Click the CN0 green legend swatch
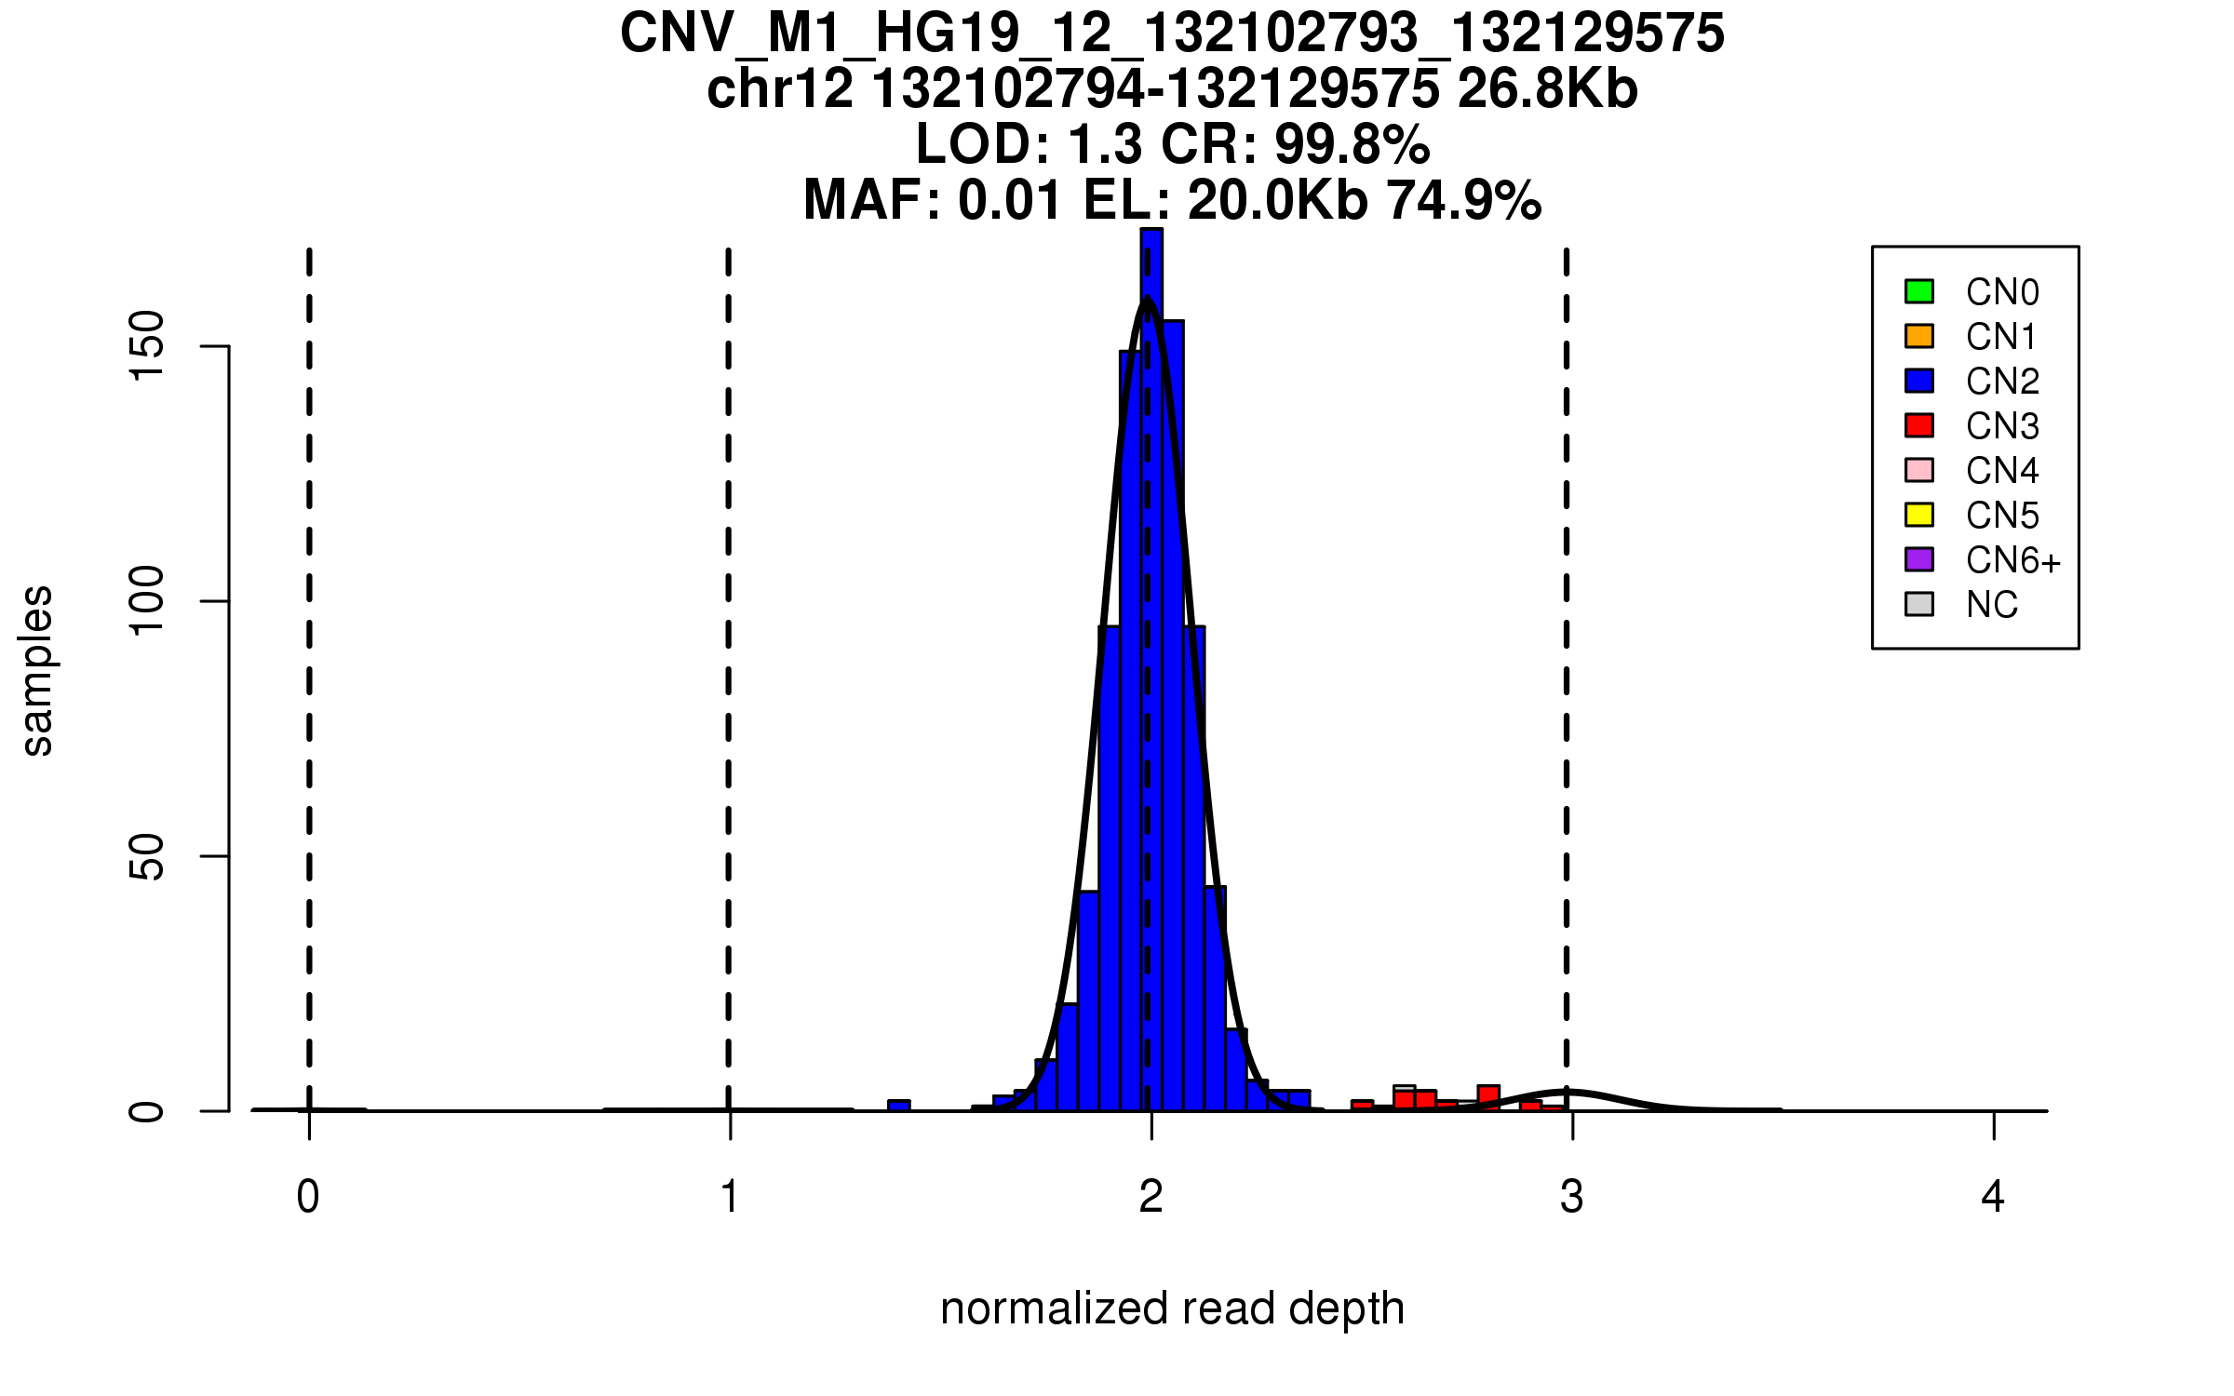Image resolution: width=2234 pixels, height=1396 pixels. tap(1919, 291)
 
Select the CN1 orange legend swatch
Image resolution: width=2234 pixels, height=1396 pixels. tap(1919, 336)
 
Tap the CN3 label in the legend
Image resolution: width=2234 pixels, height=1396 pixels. tap(2002, 426)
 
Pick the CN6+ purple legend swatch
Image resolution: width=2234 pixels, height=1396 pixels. tap(1919, 559)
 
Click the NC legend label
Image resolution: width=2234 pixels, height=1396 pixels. tap(1992, 605)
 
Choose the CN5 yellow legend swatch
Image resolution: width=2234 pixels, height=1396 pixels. tap(1919, 515)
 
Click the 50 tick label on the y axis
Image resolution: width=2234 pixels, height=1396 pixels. tap(147, 856)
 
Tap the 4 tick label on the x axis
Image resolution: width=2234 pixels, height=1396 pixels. tap(1993, 1197)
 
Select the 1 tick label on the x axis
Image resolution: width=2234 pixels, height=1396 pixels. tap(730, 1197)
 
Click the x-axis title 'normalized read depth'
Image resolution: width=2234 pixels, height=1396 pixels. tap(1172, 1309)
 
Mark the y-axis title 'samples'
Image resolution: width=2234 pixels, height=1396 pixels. tap(37, 670)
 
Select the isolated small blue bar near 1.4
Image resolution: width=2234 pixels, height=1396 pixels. tap(899, 1106)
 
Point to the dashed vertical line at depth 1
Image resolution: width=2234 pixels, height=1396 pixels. tap(729, 651)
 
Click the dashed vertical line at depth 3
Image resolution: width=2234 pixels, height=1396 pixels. tap(1567, 651)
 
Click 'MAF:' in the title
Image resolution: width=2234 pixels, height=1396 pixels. tap(872, 200)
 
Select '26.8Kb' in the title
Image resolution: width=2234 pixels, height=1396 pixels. tap(1547, 89)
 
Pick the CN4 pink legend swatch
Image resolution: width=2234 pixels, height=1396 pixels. tap(1919, 470)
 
